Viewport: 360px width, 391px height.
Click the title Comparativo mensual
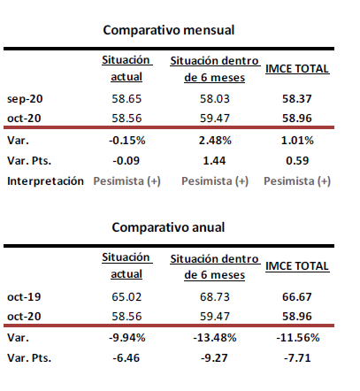169,30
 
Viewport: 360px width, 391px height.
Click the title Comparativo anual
168,227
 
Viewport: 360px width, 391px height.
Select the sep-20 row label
25,99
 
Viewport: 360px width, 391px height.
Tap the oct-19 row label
24,296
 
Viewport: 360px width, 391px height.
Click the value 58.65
126,99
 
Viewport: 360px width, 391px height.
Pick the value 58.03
215,99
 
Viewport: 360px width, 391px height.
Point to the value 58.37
297,99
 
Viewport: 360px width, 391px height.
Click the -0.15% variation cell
127,141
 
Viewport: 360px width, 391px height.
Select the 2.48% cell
215,141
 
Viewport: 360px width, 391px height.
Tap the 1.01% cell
297,141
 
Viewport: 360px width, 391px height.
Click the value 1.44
214,161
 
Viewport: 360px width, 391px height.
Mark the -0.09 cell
126,161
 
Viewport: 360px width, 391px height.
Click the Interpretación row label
45,181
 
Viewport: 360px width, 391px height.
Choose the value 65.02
126,296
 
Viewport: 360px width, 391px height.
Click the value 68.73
215,296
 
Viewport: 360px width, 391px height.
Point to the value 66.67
297,296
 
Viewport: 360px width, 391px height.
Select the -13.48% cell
215,338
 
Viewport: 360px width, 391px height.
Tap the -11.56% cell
298,338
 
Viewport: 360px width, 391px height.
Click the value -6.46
126,358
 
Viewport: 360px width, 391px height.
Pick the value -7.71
297,358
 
